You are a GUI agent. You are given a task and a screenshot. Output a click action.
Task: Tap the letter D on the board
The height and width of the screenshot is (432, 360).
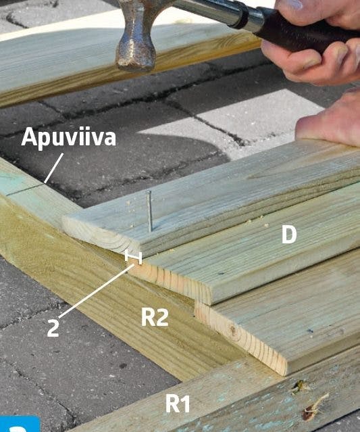pos(289,235)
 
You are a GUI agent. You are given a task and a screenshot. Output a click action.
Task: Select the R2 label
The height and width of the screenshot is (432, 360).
pos(155,318)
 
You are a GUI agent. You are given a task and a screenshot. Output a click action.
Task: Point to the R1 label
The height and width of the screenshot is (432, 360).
pos(178,404)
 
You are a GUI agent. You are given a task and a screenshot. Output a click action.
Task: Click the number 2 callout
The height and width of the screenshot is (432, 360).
pos(53,328)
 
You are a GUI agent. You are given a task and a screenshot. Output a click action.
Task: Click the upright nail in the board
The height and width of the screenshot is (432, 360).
pos(149,212)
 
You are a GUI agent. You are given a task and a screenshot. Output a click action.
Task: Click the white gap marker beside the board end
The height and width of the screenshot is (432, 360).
pos(134,256)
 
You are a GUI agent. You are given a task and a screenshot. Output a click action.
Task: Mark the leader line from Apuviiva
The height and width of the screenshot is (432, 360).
pos(53,168)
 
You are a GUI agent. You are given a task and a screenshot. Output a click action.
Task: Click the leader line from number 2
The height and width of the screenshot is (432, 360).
pos(97,291)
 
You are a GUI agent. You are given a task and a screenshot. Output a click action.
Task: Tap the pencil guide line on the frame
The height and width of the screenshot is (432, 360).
pos(25,190)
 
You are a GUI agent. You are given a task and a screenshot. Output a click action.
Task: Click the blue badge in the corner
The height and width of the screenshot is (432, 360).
pos(20,424)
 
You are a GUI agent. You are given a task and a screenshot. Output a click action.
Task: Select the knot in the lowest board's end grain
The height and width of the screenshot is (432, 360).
pos(233,329)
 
